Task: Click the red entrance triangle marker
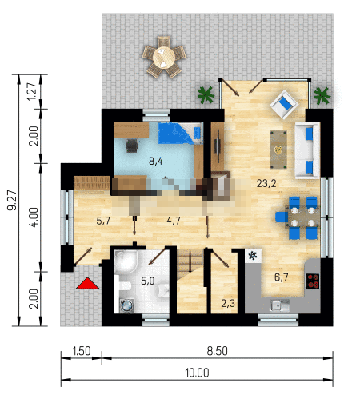pyautogui.click(x=87, y=284)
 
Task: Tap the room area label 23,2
pyautogui.click(x=266, y=183)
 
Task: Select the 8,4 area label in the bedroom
pyautogui.click(x=156, y=162)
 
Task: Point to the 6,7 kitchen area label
pyautogui.click(x=282, y=277)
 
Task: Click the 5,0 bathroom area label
pyautogui.click(x=148, y=281)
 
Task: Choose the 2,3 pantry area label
pyautogui.click(x=228, y=303)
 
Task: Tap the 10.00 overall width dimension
pyautogui.click(x=197, y=373)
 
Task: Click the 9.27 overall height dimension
pyautogui.click(x=12, y=200)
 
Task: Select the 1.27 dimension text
pyautogui.click(x=32, y=91)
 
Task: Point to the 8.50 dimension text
pyautogui.click(x=217, y=351)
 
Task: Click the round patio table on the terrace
pyautogui.click(x=164, y=57)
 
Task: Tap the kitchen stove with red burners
pyautogui.click(x=313, y=281)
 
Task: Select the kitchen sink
pyautogui.click(x=279, y=305)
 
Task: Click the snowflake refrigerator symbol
pyautogui.click(x=253, y=256)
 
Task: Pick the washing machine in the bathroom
pyautogui.click(x=127, y=305)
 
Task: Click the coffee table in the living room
pyautogui.click(x=278, y=150)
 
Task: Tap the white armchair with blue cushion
pyautogui.click(x=284, y=104)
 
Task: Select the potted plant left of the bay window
pyautogui.click(x=206, y=94)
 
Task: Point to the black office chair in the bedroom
pyautogui.click(x=131, y=146)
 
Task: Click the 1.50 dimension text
pyautogui.click(x=82, y=351)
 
